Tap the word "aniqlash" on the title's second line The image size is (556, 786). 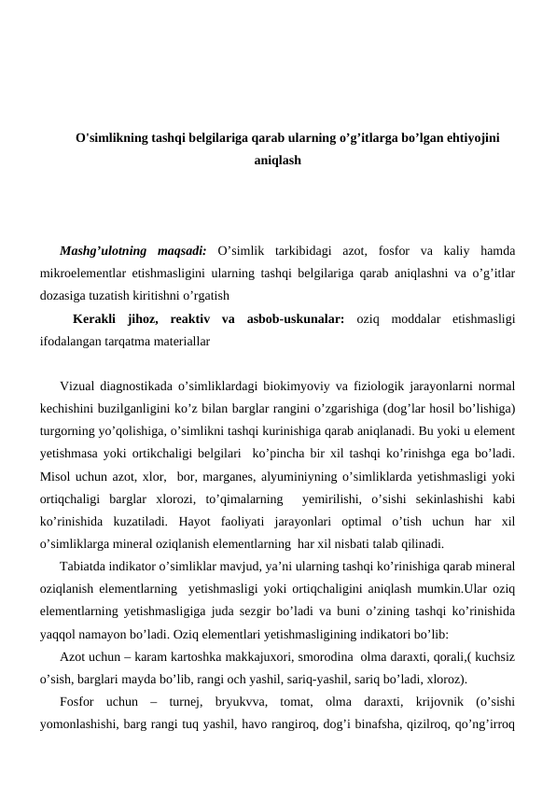tap(278, 161)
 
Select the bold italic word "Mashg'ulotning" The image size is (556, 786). tap(101, 250)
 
